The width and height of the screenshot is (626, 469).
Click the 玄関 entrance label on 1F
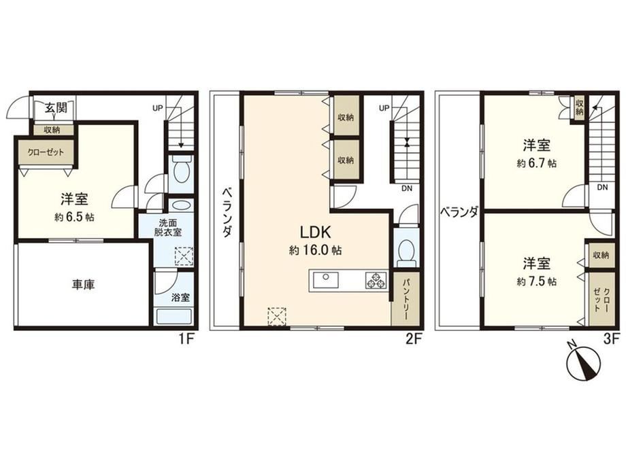click(56, 107)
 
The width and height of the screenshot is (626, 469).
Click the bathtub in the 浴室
click(174, 317)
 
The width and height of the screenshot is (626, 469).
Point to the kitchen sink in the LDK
click(325, 279)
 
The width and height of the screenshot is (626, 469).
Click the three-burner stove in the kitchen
click(376, 279)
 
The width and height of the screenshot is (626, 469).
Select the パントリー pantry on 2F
click(406, 298)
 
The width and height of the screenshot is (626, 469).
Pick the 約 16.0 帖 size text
click(315, 250)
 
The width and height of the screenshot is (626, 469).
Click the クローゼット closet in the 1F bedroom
click(46, 152)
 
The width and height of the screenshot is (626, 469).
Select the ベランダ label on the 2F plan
click(227, 212)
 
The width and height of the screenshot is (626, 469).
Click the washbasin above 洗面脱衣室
click(181, 206)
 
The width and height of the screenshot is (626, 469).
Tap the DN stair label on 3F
click(602, 187)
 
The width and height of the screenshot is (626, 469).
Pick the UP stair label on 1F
click(158, 107)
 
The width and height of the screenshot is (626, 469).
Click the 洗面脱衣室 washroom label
click(167, 227)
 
